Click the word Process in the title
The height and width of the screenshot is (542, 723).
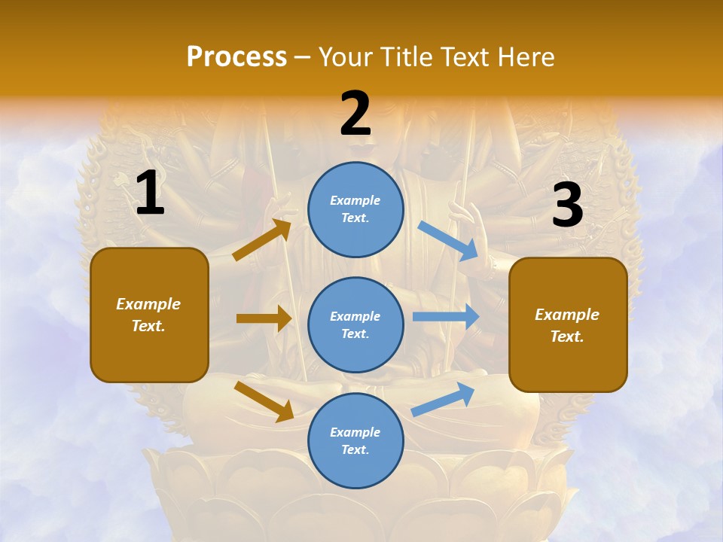[236, 57]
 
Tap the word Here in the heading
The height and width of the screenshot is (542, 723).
[526, 57]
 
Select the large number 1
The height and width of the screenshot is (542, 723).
[150, 193]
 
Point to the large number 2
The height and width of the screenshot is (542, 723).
[355, 114]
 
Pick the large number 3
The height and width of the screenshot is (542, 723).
[567, 205]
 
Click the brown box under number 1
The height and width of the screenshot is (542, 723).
[149, 315]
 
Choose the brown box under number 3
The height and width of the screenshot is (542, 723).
[568, 324]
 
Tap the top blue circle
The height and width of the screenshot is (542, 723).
[355, 209]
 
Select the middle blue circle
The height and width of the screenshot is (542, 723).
[355, 324]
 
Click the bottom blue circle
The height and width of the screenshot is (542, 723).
[355, 440]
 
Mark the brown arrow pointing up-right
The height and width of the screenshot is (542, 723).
[262, 239]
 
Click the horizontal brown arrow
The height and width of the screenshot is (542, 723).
[264, 318]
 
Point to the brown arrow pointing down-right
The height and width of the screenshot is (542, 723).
[264, 401]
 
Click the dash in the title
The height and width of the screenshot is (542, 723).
[303, 57]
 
